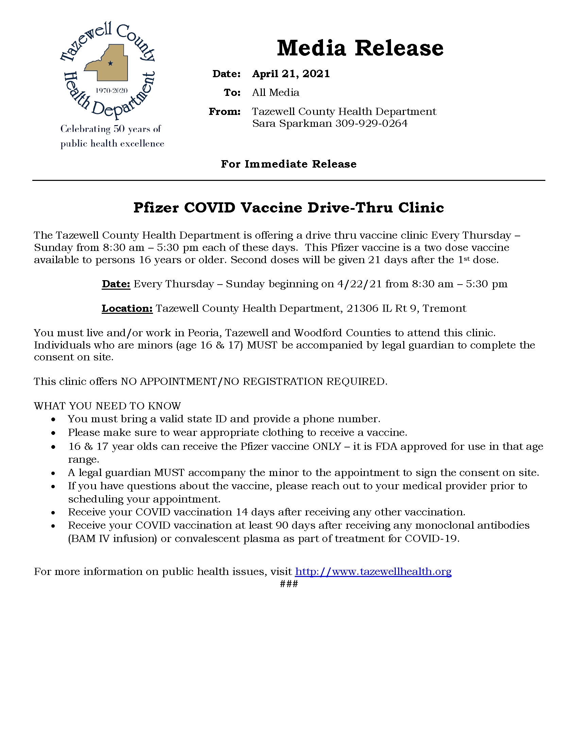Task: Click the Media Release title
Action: point(360,48)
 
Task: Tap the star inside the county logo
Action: point(110,63)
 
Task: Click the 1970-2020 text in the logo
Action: point(112,90)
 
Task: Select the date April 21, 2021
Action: point(291,74)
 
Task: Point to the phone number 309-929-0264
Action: point(372,123)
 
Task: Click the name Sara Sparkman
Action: point(292,123)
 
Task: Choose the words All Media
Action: point(276,92)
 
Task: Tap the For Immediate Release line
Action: point(289,164)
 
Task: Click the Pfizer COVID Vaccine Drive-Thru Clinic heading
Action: point(289,207)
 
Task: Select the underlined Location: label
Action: point(127,308)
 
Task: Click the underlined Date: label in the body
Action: point(116,284)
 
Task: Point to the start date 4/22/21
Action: point(359,284)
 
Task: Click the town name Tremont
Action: point(444,308)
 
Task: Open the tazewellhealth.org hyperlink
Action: point(373,571)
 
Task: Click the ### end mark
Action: point(289,583)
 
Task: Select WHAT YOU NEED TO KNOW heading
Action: point(107,406)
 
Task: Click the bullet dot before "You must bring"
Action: point(53,419)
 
